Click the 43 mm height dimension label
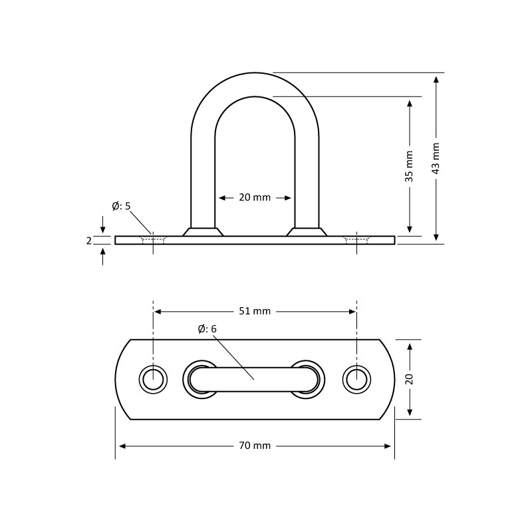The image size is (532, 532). [436, 158]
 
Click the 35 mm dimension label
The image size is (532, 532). [410, 167]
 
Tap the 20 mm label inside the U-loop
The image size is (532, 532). [255, 198]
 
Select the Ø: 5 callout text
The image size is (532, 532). [122, 206]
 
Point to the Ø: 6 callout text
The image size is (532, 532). [207, 329]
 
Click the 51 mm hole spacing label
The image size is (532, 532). [255, 311]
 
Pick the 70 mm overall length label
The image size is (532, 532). [255, 446]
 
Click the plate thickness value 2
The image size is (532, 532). [89, 241]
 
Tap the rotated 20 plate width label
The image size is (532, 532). [410, 379]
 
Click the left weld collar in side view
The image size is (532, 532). [203, 231]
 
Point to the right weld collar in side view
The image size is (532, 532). [307, 231]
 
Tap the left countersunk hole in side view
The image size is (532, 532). [154, 240]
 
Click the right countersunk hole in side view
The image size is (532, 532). [356, 240]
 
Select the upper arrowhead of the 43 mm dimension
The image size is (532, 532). [436, 79]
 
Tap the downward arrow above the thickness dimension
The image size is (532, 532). [103, 224]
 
